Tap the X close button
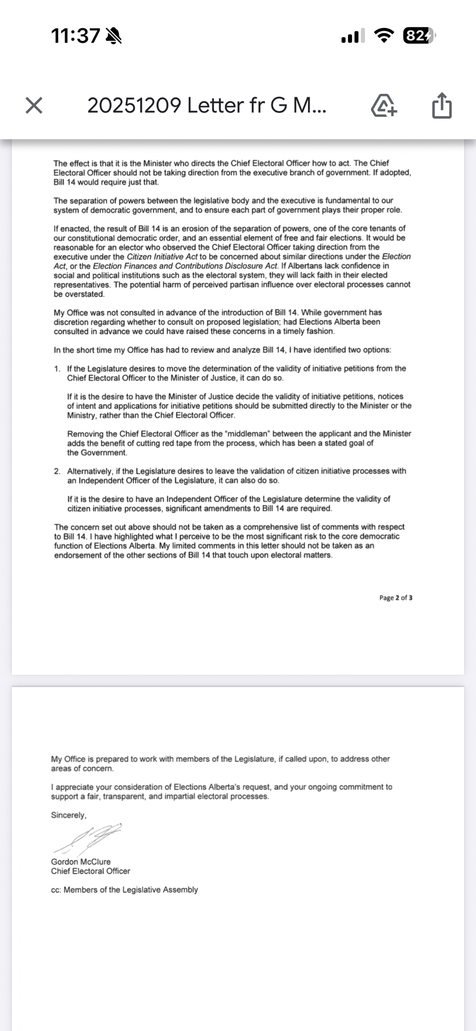pyautogui.click(x=34, y=106)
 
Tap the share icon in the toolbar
pyautogui.click(x=441, y=106)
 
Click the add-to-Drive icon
pyautogui.click(x=384, y=106)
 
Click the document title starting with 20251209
pyautogui.click(x=207, y=106)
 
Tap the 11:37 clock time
pyautogui.click(x=75, y=36)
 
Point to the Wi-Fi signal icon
pyautogui.click(x=384, y=36)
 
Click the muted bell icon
pyautogui.click(x=113, y=36)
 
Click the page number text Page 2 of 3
pyautogui.click(x=395, y=598)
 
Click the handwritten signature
pyautogui.click(x=88, y=838)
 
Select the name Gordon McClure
pyautogui.click(x=81, y=862)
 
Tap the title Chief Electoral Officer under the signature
pyautogui.click(x=90, y=871)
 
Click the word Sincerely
pyautogui.click(x=69, y=816)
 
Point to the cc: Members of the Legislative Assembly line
pyautogui.click(x=124, y=890)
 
